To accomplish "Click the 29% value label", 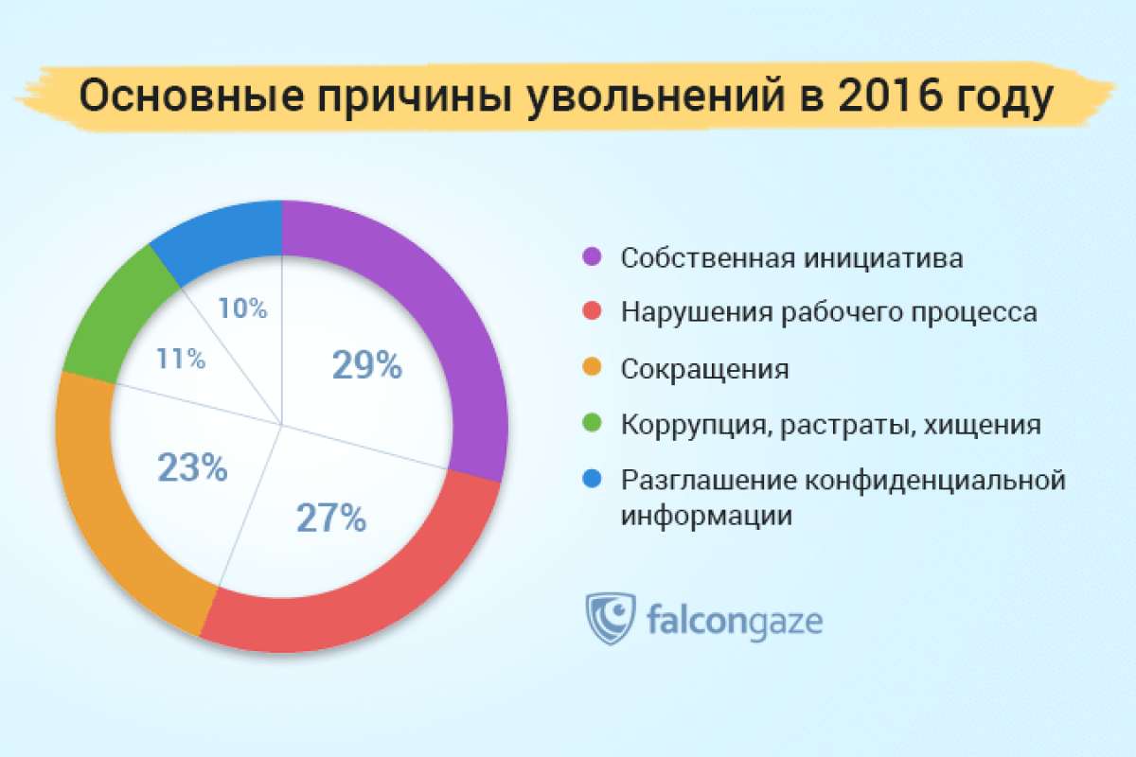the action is [367, 365].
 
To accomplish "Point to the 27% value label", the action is [331, 518].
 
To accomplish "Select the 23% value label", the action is [193, 467].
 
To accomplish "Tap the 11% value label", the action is [181, 359].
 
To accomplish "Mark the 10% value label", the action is [242, 308].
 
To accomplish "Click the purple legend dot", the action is [592, 256].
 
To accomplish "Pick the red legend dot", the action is [592, 310].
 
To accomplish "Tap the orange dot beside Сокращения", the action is [592, 367].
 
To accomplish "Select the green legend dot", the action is [592, 422].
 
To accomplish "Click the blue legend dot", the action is [592, 479].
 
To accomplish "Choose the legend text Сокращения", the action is [705, 370].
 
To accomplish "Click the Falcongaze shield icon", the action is [610, 618].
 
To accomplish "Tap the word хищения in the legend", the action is [982, 425].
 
